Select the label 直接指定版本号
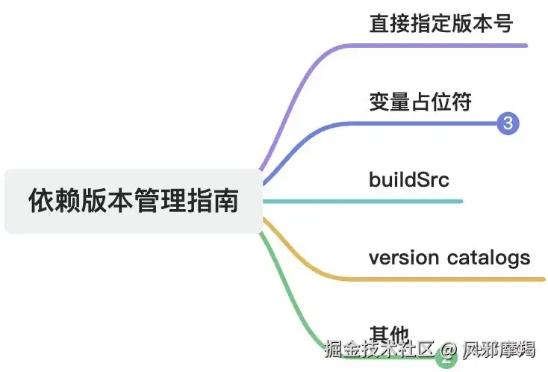point(440,23)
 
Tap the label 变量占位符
point(420,102)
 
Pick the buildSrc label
point(408,179)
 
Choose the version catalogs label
point(449,258)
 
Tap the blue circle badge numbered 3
point(508,123)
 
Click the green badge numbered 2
point(447,359)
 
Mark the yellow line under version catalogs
point(448,279)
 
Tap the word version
point(403,258)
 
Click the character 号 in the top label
point(503,23)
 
